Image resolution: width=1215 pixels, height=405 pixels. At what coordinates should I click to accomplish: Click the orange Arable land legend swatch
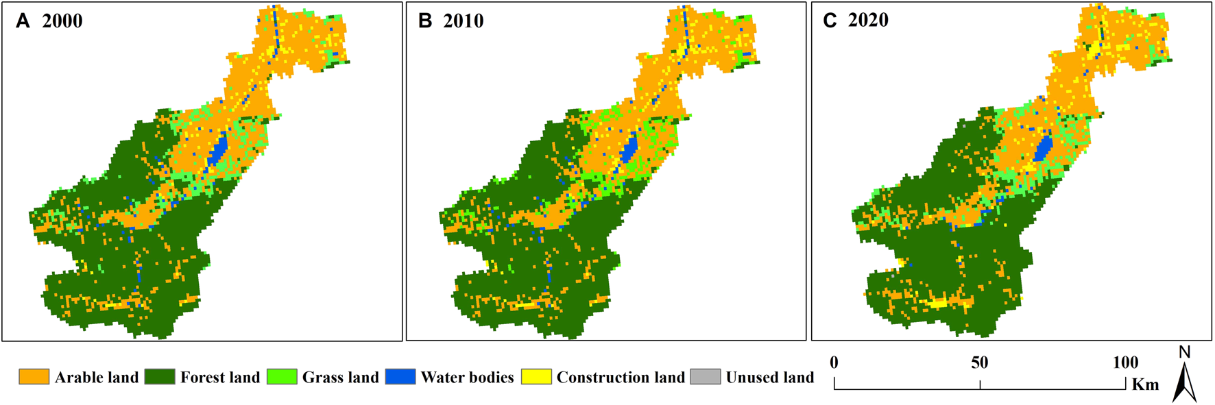[34, 377]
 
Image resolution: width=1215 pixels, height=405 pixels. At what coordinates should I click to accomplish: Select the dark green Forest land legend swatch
[160, 377]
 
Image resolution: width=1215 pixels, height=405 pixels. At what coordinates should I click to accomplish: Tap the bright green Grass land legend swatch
[282, 377]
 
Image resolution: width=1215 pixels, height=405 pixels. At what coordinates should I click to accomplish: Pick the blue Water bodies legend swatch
[400, 377]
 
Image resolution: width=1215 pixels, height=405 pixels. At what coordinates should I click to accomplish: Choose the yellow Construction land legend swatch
[536, 377]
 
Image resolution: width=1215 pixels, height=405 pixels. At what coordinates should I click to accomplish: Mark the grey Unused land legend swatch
[706, 377]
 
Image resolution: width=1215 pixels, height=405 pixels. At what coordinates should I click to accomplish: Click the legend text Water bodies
[467, 378]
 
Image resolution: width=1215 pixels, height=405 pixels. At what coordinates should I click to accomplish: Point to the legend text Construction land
[621, 378]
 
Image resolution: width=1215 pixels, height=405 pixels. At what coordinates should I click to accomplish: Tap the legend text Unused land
[770, 378]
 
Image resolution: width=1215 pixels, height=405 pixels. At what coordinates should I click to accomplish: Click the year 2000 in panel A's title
[62, 21]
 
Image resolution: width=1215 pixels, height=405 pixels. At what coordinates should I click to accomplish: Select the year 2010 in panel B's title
[464, 21]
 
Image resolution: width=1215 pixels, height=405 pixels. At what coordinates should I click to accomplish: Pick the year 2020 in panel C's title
[868, 21]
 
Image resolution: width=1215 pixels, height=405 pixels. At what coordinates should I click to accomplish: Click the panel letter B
[425, 21]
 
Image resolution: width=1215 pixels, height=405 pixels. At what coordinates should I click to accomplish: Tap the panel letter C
[830, 21]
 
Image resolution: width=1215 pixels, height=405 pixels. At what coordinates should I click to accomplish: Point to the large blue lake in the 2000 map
[217, 151]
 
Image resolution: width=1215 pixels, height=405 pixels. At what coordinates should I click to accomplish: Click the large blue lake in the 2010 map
[629, 148]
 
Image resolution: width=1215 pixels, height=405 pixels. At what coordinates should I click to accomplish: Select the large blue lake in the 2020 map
[1044, 148]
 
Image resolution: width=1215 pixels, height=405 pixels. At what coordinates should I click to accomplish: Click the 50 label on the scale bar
[979, 363]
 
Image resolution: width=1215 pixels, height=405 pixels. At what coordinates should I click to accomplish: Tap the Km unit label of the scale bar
[1145, 384]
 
